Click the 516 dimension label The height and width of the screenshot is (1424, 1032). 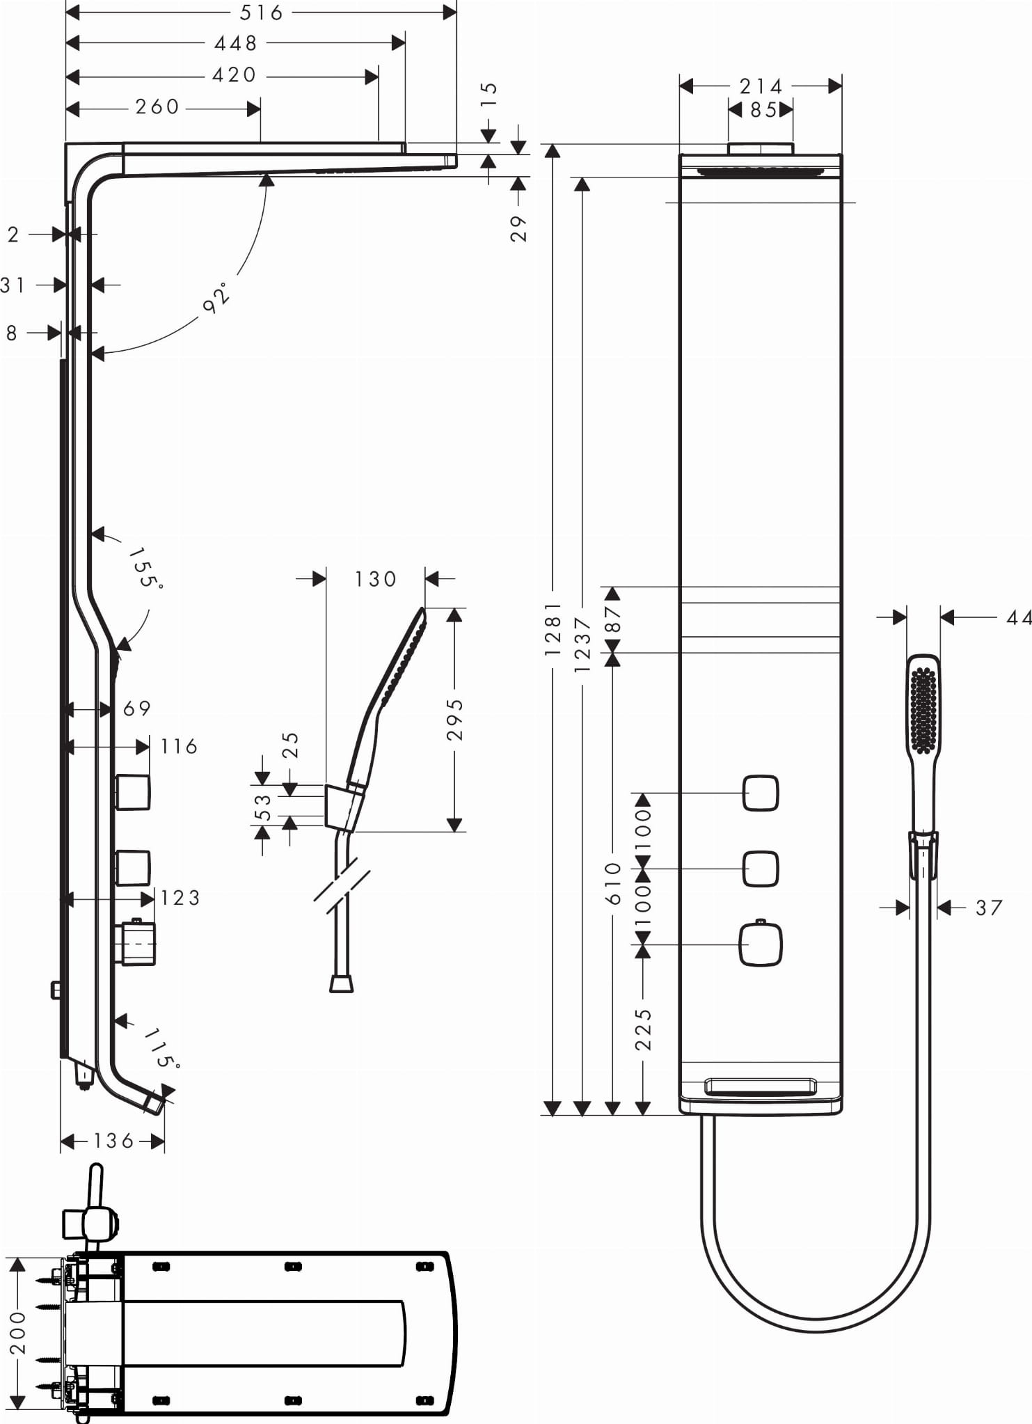262,13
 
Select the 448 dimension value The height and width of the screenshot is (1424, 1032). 236,44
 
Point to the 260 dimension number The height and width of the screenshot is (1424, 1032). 157,107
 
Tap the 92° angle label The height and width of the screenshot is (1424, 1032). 216,298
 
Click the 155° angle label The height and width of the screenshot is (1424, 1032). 145,567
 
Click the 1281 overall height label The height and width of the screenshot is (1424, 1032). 553,629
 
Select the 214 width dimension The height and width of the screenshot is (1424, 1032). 761,86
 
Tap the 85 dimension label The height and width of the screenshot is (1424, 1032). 763,110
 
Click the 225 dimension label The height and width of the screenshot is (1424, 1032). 644,1029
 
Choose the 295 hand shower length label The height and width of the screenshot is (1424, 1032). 454,720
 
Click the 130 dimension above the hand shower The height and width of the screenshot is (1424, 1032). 375,579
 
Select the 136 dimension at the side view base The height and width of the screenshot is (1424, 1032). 113,1141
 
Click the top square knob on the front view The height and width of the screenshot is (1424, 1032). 761,793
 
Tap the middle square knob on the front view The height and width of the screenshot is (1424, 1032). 761,869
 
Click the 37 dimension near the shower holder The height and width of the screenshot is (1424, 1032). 989,908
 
